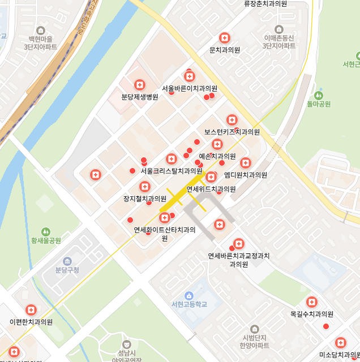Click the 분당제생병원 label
139,97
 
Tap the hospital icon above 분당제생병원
139,85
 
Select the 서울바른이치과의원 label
190,88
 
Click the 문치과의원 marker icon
225,38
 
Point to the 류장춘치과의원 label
265,4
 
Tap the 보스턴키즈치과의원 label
232,132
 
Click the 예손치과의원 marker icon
217,144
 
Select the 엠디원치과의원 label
246,175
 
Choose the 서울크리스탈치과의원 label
171,170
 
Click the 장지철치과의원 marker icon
145,187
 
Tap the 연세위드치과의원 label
211,189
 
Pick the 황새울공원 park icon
46,231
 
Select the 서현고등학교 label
189,304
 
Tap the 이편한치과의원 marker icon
31,310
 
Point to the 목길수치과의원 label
311,314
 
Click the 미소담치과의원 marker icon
340,343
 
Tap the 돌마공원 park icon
318,95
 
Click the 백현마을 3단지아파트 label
41,42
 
